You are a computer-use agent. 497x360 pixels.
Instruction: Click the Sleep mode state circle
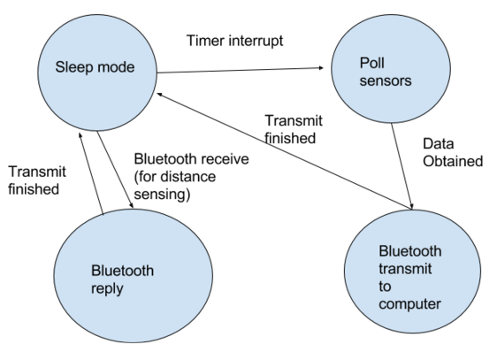click(97, 73)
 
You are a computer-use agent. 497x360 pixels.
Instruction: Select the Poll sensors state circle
click(391, 69)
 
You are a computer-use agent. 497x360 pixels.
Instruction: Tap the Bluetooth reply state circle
click(134, 275)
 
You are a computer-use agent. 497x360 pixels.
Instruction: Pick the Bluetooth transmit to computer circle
click(412, 272)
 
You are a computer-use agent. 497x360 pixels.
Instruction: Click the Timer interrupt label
click(235, 41)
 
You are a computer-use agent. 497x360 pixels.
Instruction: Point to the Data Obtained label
click(453, 152)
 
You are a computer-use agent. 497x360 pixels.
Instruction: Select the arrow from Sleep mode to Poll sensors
click(240, 70)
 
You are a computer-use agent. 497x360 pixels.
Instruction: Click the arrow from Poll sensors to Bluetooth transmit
click(401, 166)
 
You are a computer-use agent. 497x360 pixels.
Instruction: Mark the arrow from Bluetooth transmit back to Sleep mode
click(285, 151)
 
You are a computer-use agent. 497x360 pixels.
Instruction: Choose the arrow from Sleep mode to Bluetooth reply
click(115, 170)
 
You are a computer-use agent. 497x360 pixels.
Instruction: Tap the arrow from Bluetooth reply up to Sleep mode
click(91, 173)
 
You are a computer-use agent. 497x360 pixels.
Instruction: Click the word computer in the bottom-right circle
click(409, 304)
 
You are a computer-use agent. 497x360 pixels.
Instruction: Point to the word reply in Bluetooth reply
click(107, 289)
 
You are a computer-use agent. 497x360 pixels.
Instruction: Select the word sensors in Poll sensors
click(386, 80)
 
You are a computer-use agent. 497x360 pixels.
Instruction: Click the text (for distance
click(175, 177)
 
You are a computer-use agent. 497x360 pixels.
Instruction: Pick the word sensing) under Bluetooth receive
click(162, 195)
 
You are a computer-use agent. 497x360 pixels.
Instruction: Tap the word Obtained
click(453, 161)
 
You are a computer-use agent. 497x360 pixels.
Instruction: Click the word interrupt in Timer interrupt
click(256, 42)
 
